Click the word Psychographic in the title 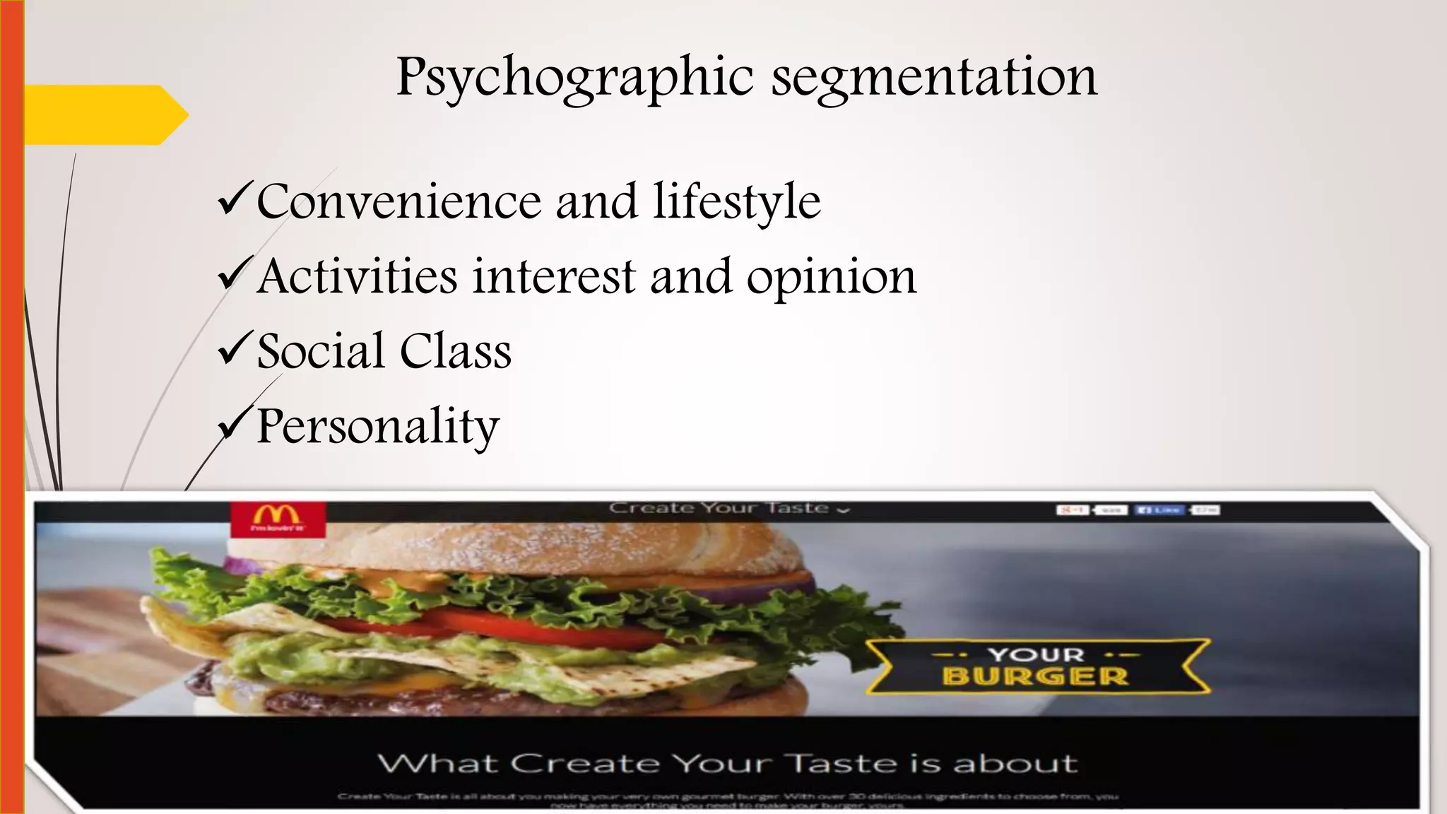575,78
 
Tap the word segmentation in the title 934,78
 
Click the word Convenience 398,202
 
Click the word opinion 832,278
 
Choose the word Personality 378,427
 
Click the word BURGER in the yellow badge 1035,676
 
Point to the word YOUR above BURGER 1035,654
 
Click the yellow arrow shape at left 106,114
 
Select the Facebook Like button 1158,509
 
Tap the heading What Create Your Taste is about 727,764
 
